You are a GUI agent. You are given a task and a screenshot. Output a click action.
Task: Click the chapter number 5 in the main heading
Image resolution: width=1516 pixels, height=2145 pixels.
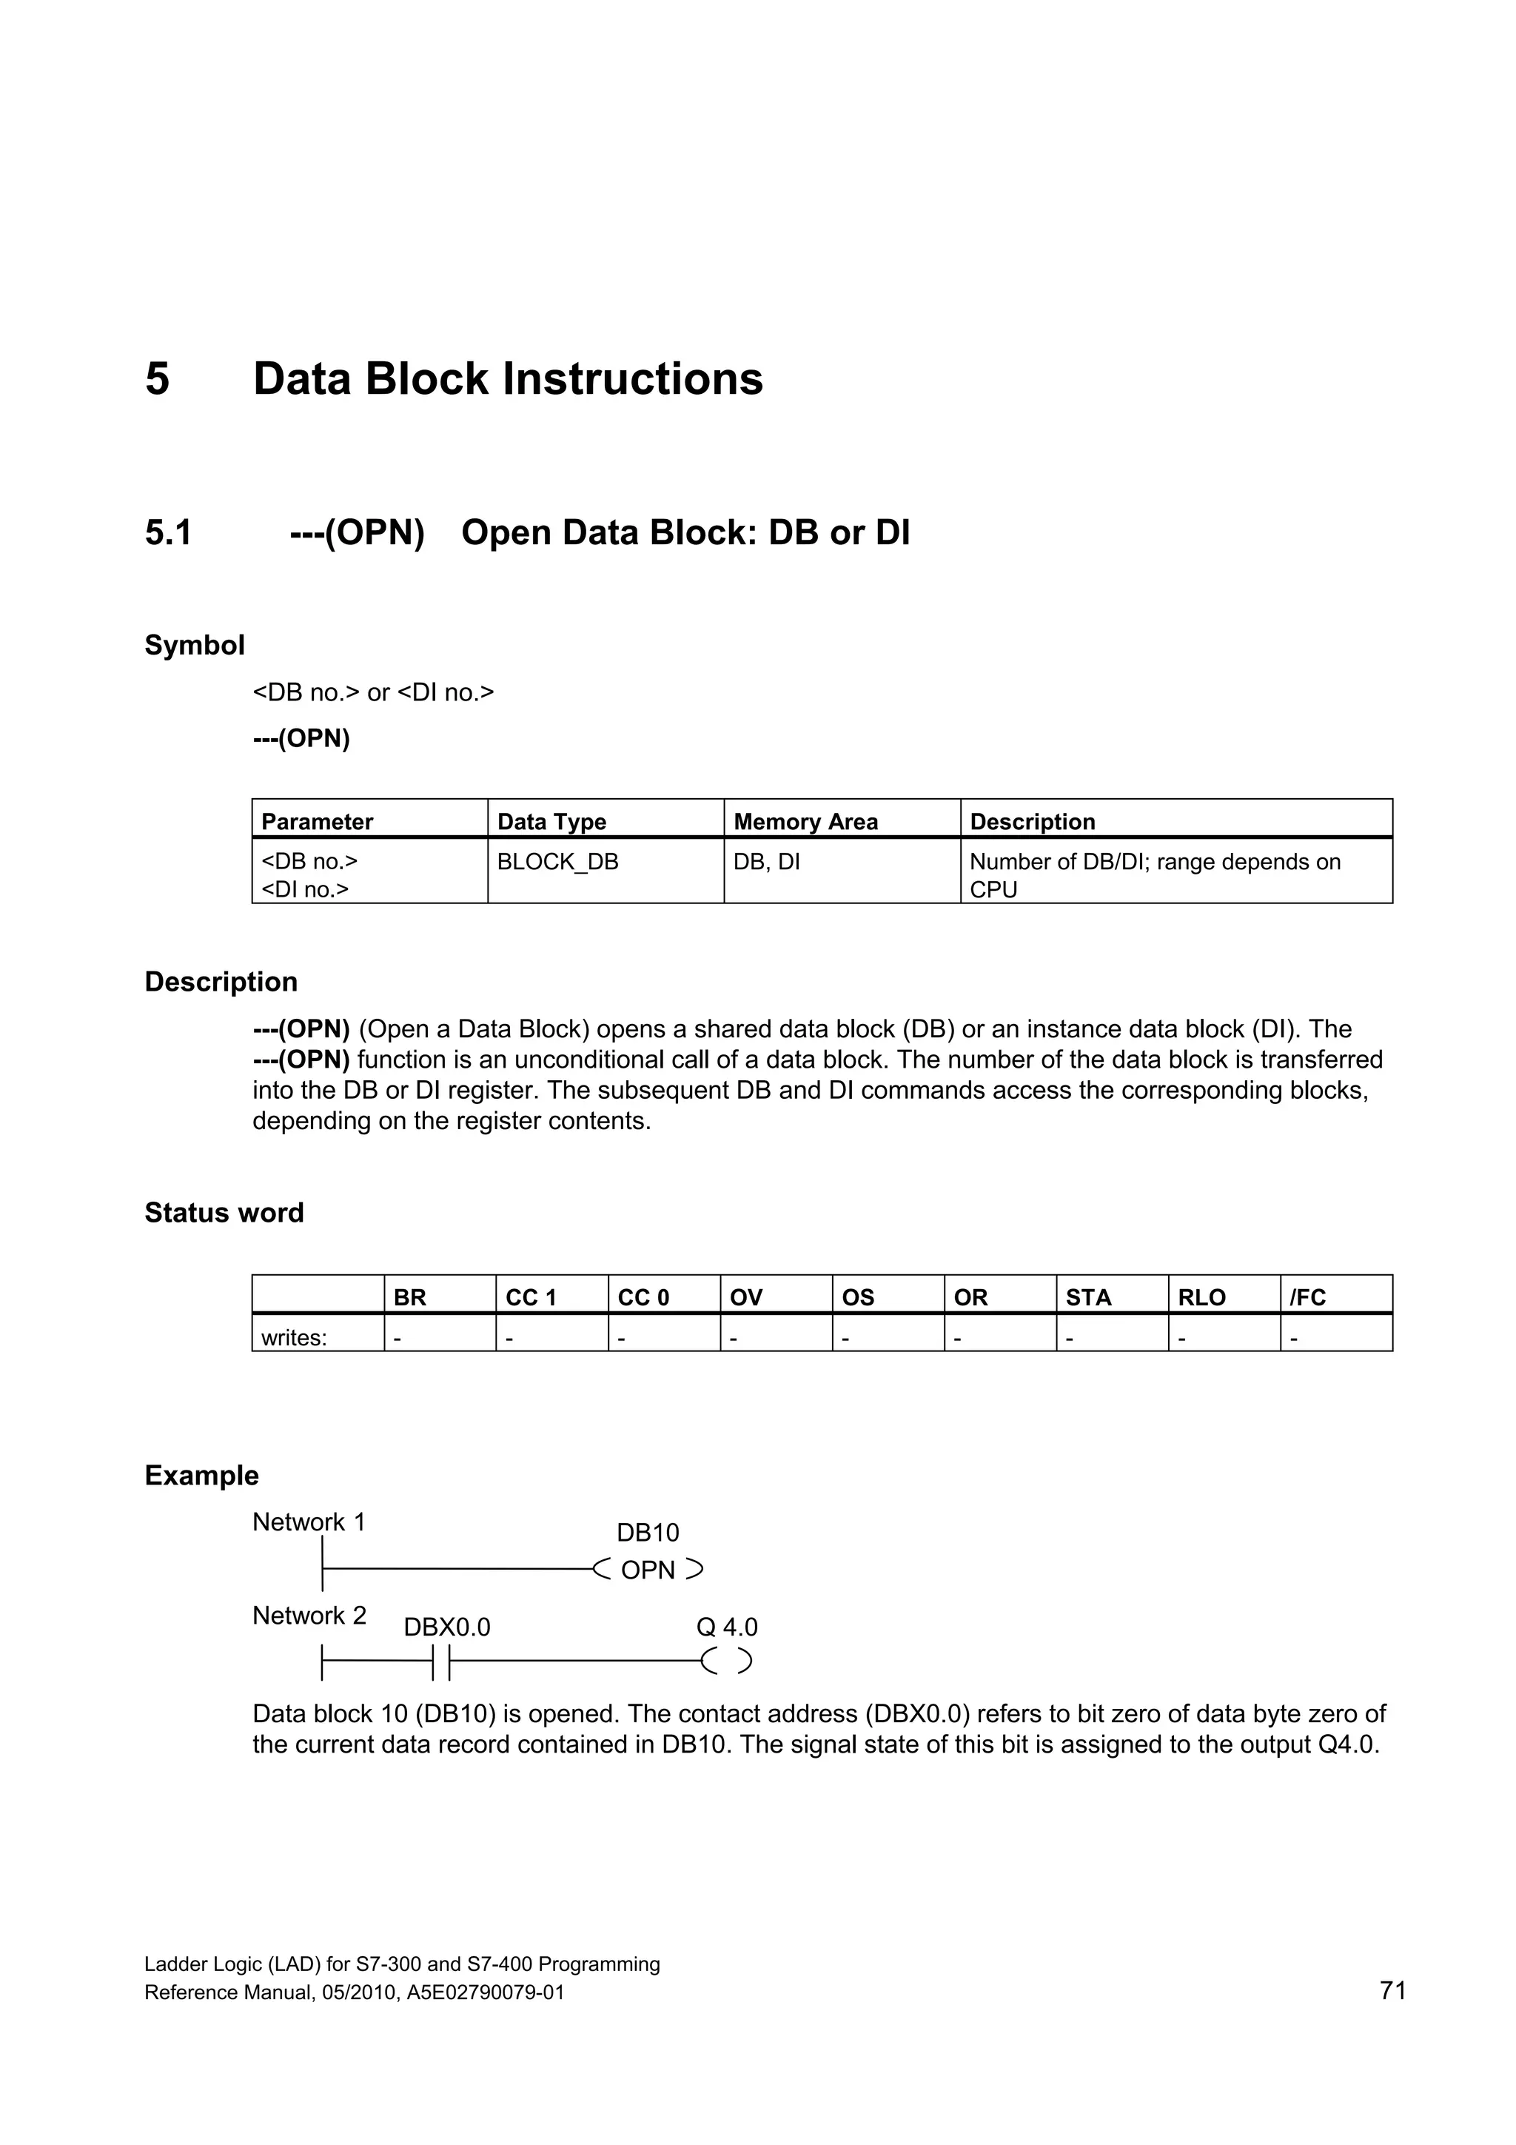(157, 379)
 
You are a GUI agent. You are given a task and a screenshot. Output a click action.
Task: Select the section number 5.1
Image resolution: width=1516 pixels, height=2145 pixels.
(168, 533)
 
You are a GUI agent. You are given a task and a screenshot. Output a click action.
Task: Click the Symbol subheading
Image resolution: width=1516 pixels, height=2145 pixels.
(194, 646)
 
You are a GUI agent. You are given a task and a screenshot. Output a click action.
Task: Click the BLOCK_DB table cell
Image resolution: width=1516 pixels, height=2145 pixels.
(557, 861)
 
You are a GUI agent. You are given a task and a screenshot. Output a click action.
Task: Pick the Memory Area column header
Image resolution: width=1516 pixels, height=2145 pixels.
(805, 821)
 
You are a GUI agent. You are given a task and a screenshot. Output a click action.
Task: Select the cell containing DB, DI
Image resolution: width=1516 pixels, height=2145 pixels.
(766, 861)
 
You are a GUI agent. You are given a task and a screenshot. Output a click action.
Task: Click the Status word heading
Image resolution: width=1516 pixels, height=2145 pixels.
(224, 1213)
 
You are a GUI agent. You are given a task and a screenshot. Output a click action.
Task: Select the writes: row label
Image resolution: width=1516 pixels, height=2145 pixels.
(294, 1337)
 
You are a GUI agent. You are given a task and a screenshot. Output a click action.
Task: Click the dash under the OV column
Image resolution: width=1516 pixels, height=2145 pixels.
(734, 1337)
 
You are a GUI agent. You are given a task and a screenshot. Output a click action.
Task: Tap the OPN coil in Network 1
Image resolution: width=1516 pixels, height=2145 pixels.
(647, 1570)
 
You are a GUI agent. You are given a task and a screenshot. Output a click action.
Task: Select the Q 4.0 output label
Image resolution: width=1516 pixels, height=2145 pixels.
(727, 1627)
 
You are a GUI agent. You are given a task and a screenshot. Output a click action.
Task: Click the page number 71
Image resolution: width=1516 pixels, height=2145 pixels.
(1392, 1991)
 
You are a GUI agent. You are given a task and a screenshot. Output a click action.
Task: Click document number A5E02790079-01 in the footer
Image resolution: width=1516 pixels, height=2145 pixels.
(486, 1992)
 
